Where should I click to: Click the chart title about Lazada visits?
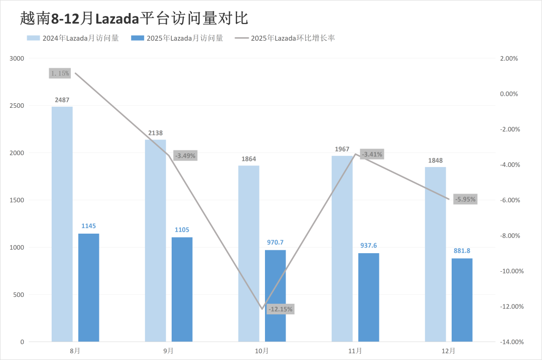[134, 19]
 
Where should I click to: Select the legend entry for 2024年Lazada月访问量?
[73, 38]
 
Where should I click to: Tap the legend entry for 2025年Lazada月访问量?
[177, 38]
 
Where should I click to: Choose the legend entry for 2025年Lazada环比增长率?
[285, 38]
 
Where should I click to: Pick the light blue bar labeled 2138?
[156, 241]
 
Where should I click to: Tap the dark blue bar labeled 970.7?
[276, 296]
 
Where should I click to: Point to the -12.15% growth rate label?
[281, 309]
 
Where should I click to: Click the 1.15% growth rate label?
[60, 73]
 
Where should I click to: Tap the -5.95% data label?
[465, 199]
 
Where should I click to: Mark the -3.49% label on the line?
[185, 155]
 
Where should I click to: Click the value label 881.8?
[462, 251]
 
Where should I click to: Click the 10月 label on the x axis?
[262, 350]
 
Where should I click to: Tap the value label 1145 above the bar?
[89, 226]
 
